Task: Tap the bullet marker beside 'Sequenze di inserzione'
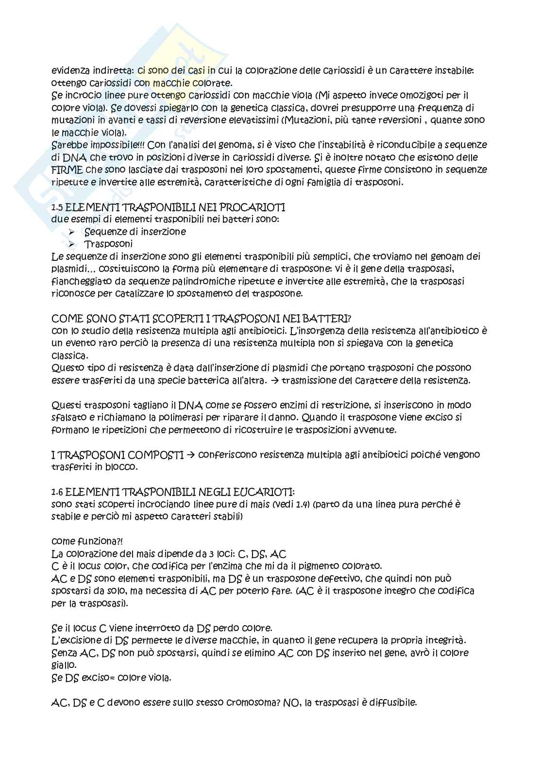coord(72,232)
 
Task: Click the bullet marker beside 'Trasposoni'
coord(72,244)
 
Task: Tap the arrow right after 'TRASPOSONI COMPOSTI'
coord(190,455)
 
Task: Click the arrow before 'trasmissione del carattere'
coord(275,381)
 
